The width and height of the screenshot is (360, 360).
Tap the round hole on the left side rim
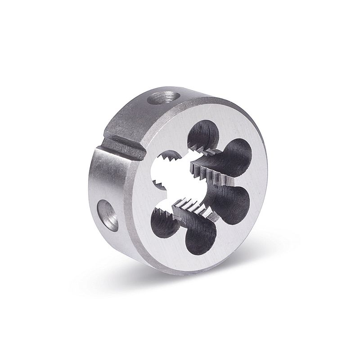point(107,212)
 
